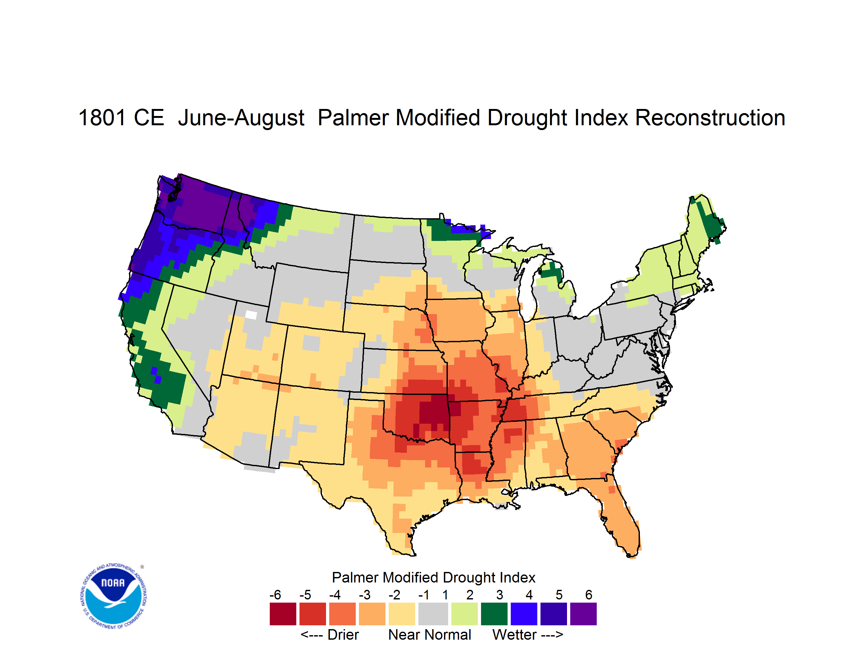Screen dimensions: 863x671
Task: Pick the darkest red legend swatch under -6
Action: [x=283, y=614]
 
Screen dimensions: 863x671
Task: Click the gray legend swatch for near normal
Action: [x=433, y=614]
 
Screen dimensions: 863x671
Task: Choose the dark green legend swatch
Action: [x=494, y=614]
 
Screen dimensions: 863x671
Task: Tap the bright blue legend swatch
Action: [x=524, y=614]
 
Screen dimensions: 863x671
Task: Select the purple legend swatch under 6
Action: [x=583, y=614]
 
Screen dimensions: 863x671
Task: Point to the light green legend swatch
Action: [x=464, y=614]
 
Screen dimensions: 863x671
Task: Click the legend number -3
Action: [x=365, y=595]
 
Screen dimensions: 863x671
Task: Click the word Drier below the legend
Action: [x=343, y=635]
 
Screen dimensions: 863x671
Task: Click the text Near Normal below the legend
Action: [x=430, y=635]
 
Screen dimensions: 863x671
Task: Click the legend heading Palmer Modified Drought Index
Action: [x=433, y=577]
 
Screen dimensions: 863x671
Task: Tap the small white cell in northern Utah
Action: [x=251, y=315]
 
